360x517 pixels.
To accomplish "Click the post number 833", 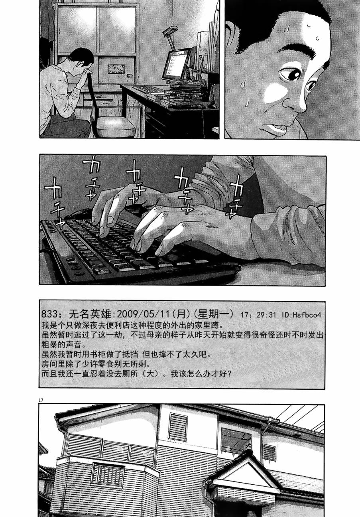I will point(49,314).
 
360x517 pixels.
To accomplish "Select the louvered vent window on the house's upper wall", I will point(178,427).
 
